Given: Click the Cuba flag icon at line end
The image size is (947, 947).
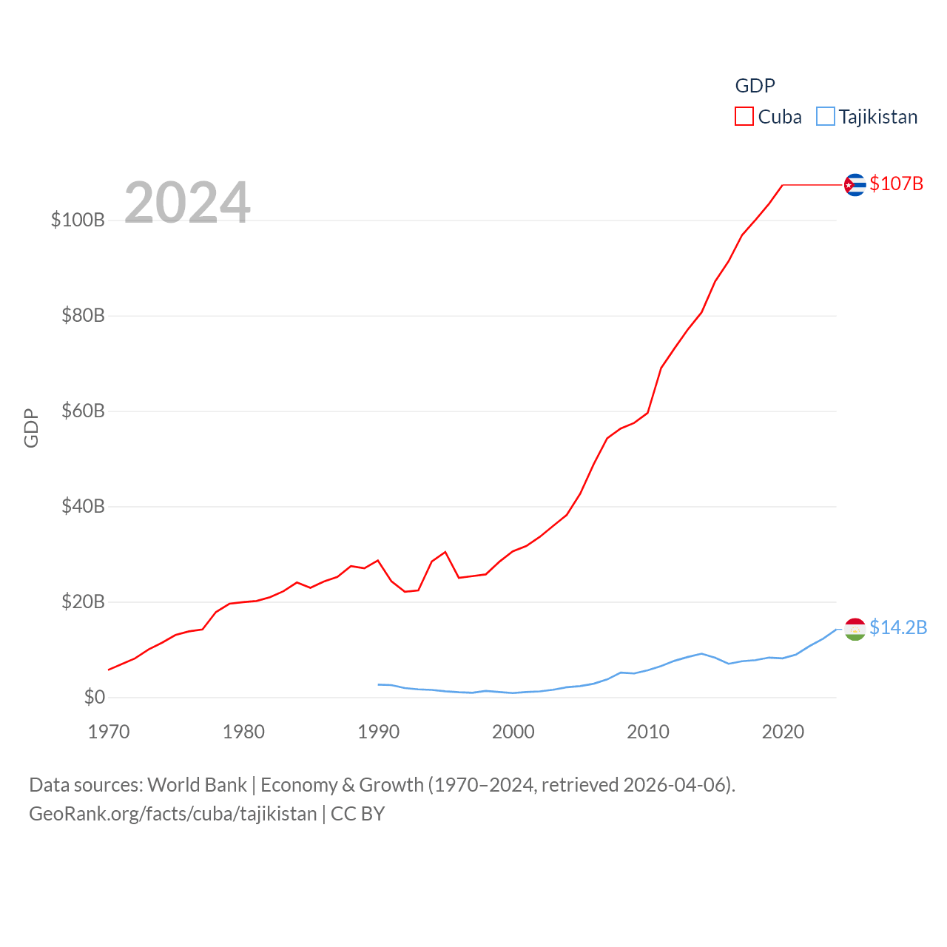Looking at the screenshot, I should pos(855,184).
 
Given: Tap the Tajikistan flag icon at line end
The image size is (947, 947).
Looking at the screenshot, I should pos(855,629).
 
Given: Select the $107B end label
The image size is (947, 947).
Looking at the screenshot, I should pos(896,183).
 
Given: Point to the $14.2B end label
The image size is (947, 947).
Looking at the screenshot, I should pos(898,627).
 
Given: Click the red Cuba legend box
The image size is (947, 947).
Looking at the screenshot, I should pos(744,117).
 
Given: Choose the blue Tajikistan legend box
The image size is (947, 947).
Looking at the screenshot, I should pos(825,117).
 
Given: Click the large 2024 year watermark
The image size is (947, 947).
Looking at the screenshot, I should pos(187,202).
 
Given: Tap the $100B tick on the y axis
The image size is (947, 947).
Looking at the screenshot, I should pos(78,220).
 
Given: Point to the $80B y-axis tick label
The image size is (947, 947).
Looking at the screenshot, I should pos(83,316).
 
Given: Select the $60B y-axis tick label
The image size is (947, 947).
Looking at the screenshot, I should pos(83,411).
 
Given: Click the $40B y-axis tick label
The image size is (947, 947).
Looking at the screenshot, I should pos(83,507).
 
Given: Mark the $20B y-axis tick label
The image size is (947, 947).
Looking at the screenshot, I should pos(83,601).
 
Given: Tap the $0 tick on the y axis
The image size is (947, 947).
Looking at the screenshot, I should pos(95,697).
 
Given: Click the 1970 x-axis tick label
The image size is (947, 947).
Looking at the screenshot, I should pos(109,732).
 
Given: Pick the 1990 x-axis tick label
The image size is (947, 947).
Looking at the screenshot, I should pos(378,732).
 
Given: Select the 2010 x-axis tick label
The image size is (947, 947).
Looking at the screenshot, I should pos(648,732).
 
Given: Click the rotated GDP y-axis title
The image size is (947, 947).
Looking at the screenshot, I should pos(31,428).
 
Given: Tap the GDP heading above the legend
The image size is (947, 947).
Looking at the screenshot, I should pos(755,86).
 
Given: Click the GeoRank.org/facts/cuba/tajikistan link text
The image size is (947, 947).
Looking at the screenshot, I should pos(172,814).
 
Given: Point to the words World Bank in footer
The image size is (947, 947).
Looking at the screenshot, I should pos(197,784).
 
